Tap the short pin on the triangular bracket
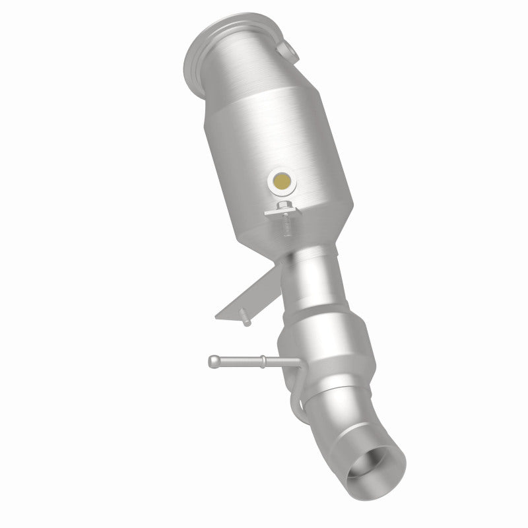[246, 321]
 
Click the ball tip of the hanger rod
[213, 360]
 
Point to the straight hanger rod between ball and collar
[238, 361]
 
